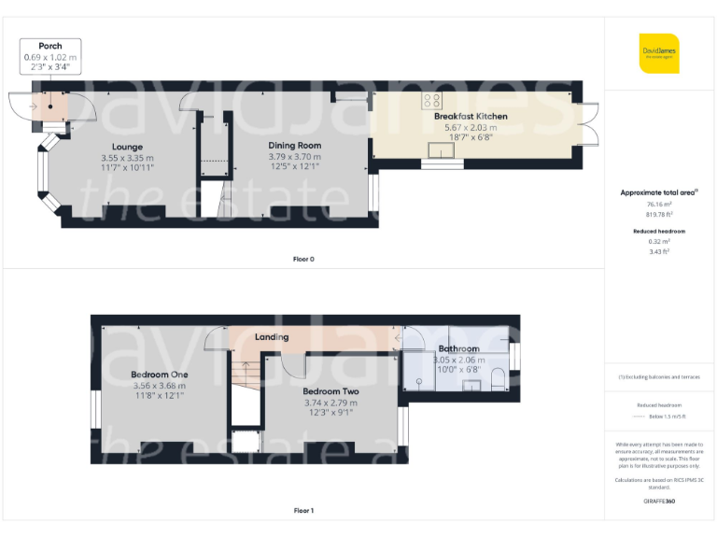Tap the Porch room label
pos(50,46)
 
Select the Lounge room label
pos(127,147)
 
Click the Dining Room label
pos(294,146)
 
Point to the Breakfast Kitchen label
pos(471,117)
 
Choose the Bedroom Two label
pos(330,391)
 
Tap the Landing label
pos(272,337)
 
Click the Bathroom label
pos(458,349)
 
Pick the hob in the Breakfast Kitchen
pos(432,99)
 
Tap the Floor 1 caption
pos(302,511)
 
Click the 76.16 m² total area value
pos(659,204)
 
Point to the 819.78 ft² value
pos(659,214)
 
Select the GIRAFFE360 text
pos(659,502)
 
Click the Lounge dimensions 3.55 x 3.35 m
pos(127,158)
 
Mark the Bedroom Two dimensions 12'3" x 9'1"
pos(330,412)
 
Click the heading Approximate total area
pos(657,192)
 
